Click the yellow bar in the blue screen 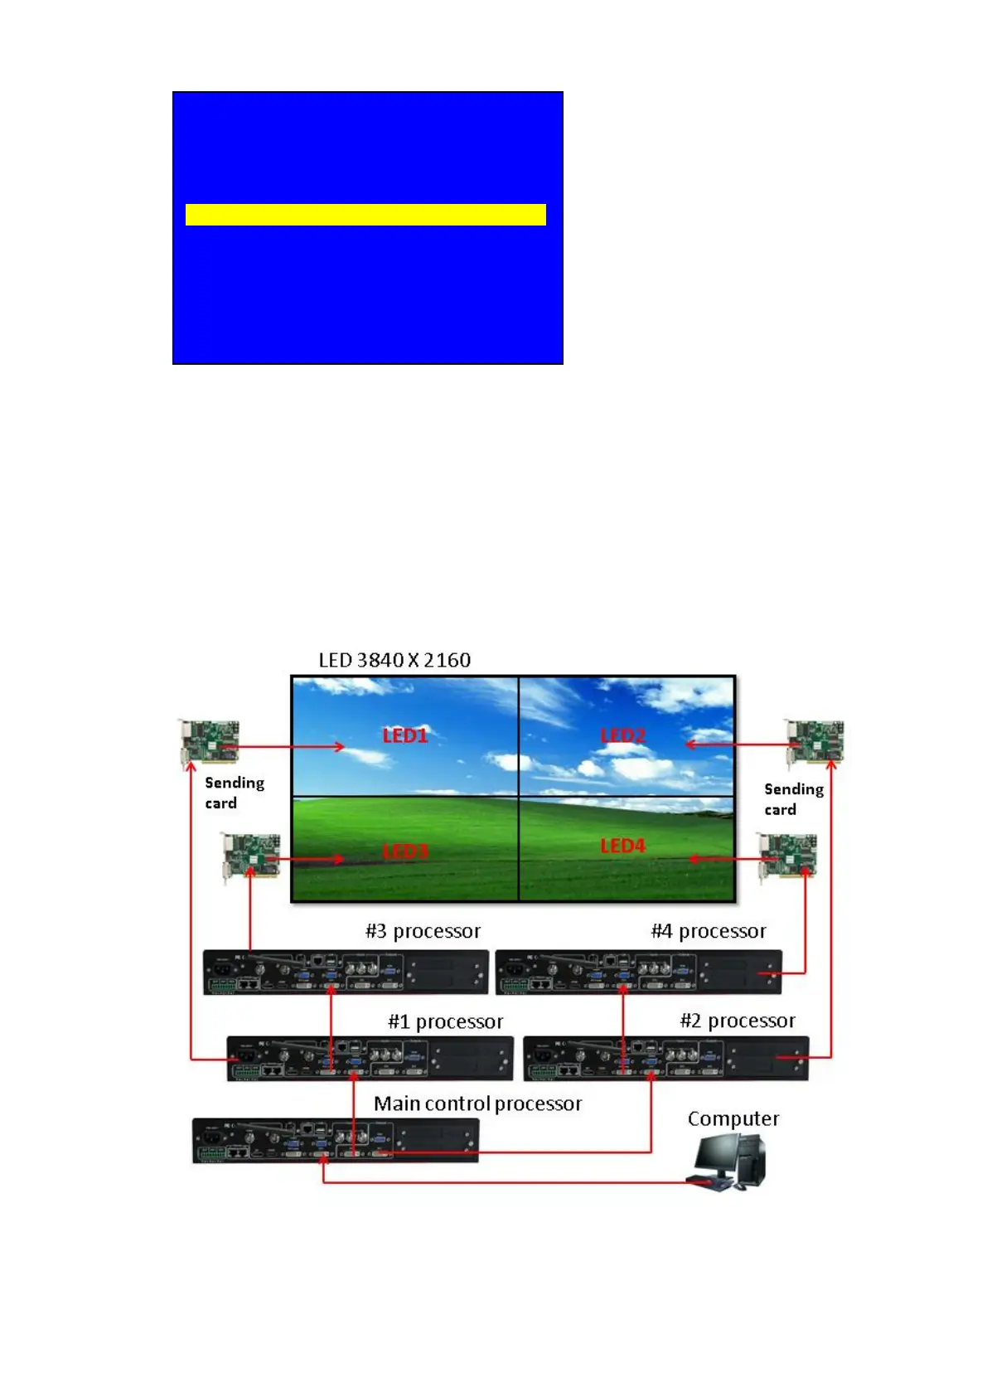pos(365,215)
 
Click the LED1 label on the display pos(404,735)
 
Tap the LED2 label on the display pos(622,735)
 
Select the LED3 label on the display pos(404,851)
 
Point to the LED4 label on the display pos(622,846)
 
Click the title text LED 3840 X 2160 pos(394,660)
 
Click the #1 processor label pos(446,1021)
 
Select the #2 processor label pos(738,1021)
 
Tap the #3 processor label pos(423,931)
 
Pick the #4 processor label pos(709,931)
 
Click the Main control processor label pos(477,1104)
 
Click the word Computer pos(733,1118)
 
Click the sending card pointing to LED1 pos(210,741)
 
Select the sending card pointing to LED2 pos(815,741)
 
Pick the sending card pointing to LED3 pos(251,856)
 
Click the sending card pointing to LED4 pos(787,855)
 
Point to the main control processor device pos(336,1141)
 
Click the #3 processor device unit pos(346,972)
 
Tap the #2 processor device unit pos(666,1059)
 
